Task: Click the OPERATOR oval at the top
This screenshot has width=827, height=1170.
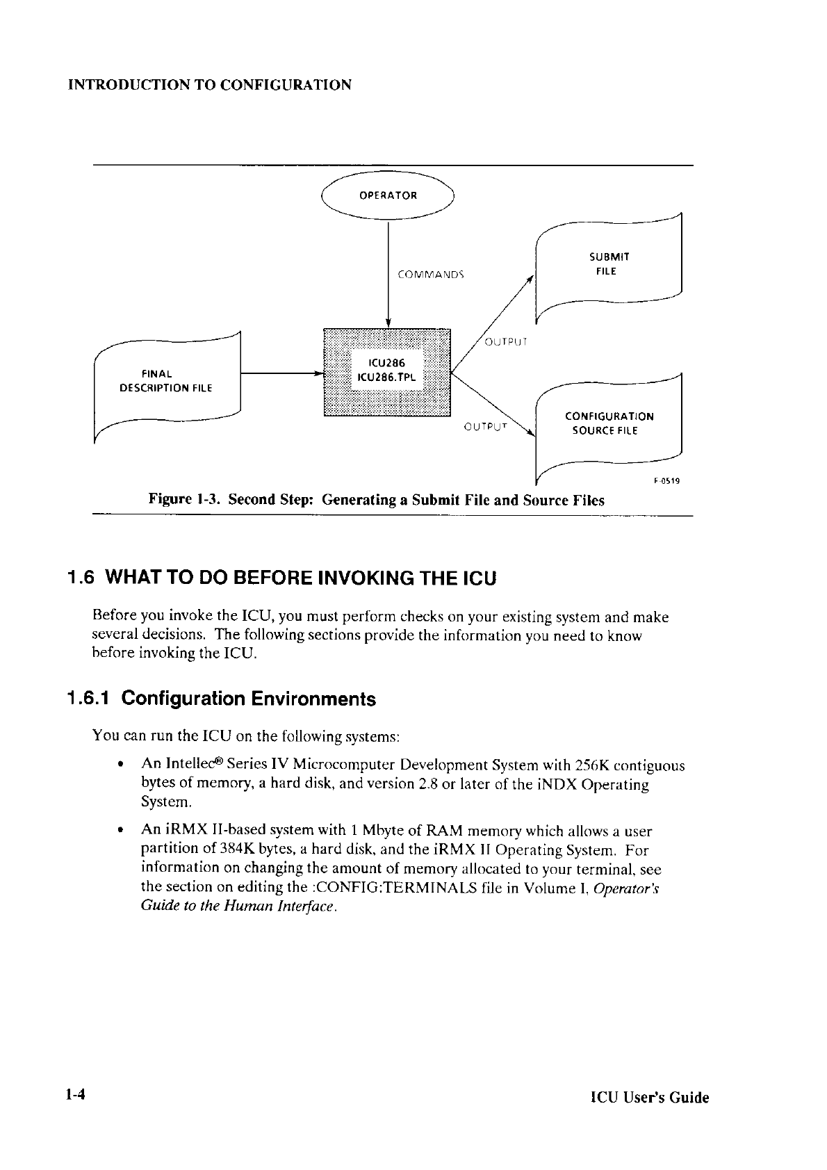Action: click(x=387, y=195)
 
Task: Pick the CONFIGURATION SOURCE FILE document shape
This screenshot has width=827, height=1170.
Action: click(x=609, y=423)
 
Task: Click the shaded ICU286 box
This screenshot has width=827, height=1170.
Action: click(x=387, y=371)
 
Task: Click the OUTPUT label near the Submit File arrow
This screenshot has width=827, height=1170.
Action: click(x=505, y=341)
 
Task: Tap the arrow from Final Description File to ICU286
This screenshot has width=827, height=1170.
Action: click(x=281, y=374)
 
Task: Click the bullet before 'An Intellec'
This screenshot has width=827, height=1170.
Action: click(x=121, y=766)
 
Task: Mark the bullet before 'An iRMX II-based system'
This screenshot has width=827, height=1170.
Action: click(x=121, y=831)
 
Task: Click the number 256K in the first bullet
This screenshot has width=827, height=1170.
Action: click(x=593, y=766)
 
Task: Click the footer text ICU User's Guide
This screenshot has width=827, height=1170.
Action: click(x=649, y=1098)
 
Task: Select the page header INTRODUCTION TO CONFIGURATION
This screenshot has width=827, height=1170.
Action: click(x=209, y=86)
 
